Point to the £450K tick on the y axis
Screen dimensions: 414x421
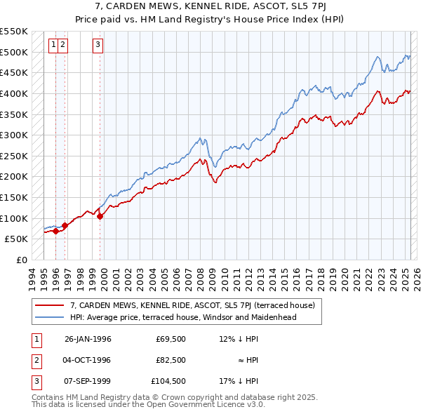15,72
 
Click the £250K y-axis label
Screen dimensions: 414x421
15,156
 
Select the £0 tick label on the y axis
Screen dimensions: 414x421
22,260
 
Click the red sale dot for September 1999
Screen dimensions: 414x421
100,216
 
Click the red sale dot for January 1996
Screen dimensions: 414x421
55,231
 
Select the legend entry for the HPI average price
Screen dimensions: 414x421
183,317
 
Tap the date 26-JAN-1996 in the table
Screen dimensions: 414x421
88,339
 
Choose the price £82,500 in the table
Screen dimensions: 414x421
171,360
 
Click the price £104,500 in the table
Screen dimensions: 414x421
169,381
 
